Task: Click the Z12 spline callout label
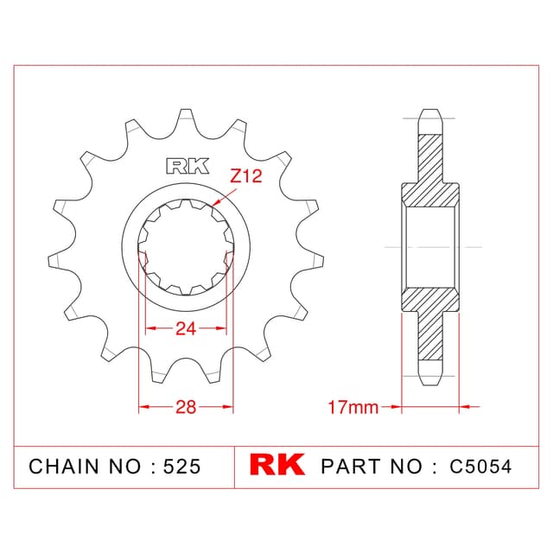pyautogui.click(x=245, y=176)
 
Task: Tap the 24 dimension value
pyautogui.click(x=186, y=328)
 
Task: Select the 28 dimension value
pyautogui.click(x=186, y=407)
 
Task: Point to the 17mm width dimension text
pyautogui.click(x=353, y=407)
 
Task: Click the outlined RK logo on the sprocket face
pyautogui.click(x=188, y=166)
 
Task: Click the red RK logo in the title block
pyautogui.click(x=277, y=464)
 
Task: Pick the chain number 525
pyautogui.click(x=182, y=467)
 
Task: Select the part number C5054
pyautogui.click(x=480, y=467)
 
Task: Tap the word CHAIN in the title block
pyautogui.click(x=64, y=467)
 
